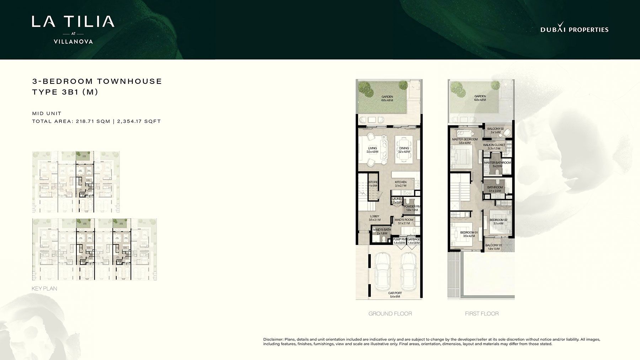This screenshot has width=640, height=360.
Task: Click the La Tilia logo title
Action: pos(73,22)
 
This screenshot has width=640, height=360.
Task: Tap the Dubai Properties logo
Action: pos(574,29)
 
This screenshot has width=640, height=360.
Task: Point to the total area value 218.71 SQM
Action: pos(93,121)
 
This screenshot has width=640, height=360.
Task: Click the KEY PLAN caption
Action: pos(44,289)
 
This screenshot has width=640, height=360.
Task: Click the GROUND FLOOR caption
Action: pos(390,313)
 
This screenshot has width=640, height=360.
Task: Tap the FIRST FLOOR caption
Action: pos(482,313)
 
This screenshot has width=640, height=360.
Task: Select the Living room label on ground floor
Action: pos(372,150)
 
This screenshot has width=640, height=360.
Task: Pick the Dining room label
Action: pos(404,150)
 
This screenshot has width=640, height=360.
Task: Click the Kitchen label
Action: pos(400,184)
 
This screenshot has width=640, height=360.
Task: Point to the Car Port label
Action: pos(395,295)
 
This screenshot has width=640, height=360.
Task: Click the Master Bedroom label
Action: pos(464,141)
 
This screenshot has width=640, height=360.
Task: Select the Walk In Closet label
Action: pos(494,146)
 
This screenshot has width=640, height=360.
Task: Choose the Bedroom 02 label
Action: pos(498,222)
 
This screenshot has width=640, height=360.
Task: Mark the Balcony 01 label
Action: pos(493,247)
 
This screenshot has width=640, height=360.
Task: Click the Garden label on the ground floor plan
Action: pos(387,98)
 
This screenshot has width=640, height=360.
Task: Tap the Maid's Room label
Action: pos(404,221)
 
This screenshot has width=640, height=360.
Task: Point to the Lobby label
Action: pos(374,218)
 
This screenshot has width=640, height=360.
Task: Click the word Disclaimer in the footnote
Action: pos(273,339)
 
